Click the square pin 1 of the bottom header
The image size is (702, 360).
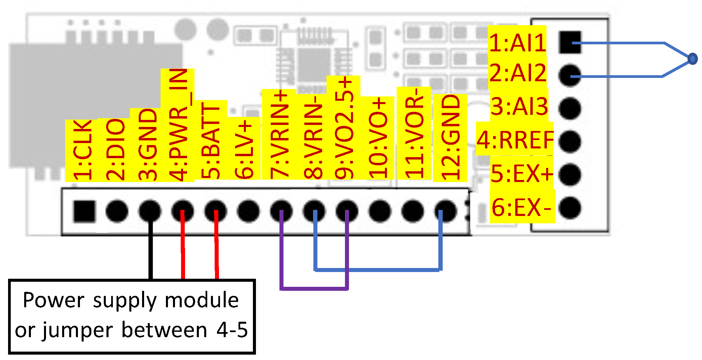[84, 211]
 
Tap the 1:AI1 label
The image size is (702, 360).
[517, 43]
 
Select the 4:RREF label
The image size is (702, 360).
[515, 140]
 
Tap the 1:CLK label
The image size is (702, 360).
[82, 150]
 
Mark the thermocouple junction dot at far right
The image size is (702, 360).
[692, 59]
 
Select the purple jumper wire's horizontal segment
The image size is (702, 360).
[314, 288]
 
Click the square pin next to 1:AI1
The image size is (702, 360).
[570, 42]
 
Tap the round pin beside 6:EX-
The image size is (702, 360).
[570, 208]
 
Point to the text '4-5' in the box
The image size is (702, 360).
[232, 330]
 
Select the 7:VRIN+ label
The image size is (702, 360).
[279, 134]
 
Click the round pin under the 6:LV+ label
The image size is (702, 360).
[248, 211]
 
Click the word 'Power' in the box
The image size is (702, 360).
[53, 300]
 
